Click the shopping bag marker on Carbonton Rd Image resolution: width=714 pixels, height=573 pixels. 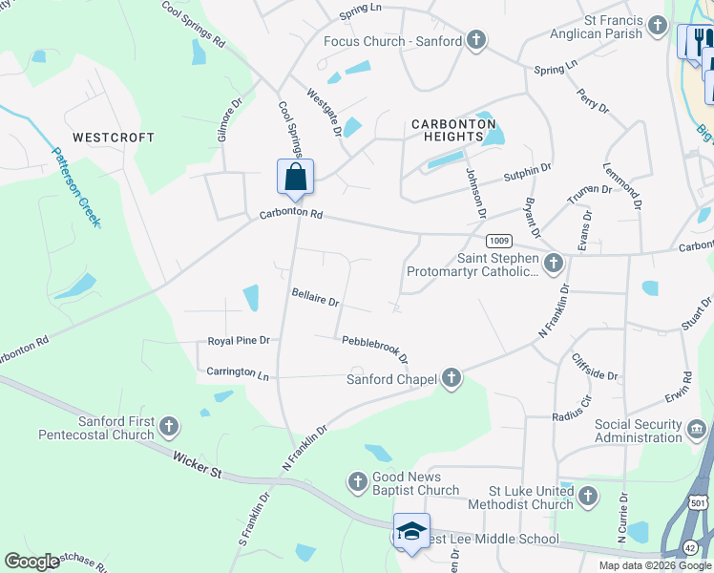[295, 178]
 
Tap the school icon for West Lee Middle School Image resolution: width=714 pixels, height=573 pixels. [411, 532]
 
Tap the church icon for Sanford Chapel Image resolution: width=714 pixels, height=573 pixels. [451, 380]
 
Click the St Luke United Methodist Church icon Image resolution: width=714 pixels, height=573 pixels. [587, 496]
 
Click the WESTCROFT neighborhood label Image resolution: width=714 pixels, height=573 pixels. [114, 138]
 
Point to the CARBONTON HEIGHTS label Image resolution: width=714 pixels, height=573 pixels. [453, 130]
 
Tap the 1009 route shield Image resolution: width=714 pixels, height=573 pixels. [498, 241]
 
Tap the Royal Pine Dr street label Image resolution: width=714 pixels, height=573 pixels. [240, 340]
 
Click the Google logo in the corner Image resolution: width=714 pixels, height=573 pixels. [32, 562]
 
